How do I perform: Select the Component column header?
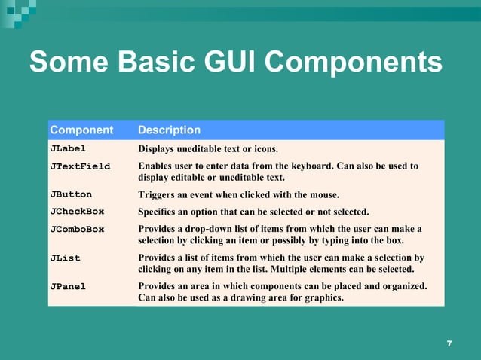click(x=81, y=130)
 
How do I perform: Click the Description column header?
click(x=169, y=130)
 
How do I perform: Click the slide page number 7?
click(x=449, y=344)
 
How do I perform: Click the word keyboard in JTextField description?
click(x=332, y=166)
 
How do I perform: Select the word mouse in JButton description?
click(x=323, y=194)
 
